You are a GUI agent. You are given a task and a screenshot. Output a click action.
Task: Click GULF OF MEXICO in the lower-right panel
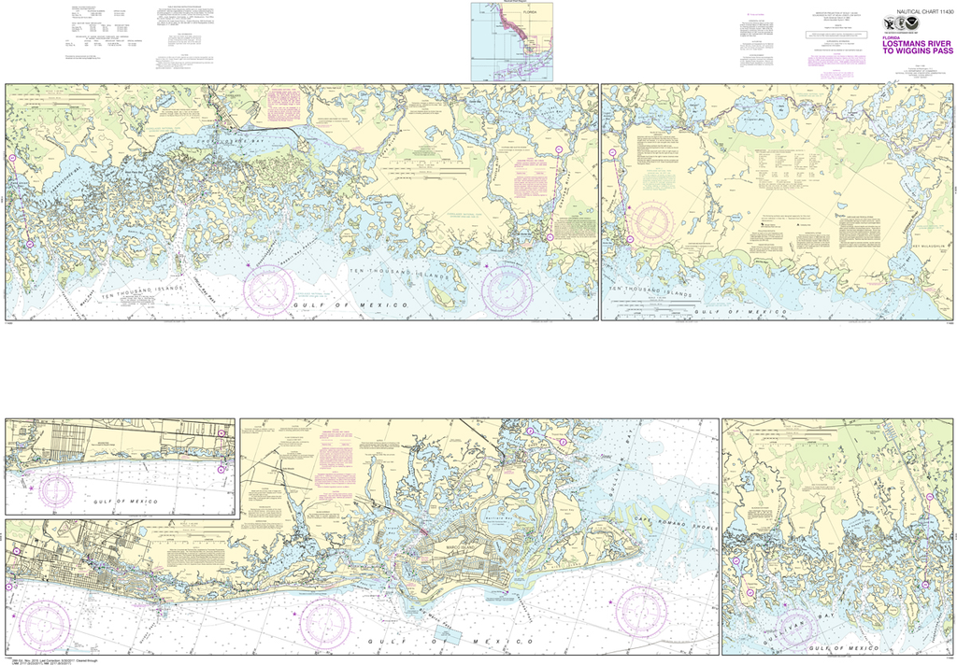click(847, 647)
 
